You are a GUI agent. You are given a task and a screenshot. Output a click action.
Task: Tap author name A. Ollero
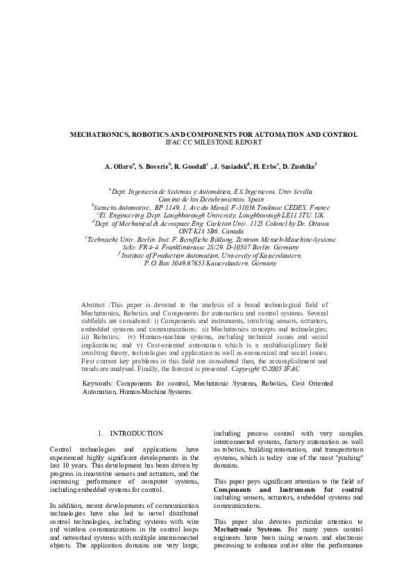119,167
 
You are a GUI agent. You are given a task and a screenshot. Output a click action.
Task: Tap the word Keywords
97,383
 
